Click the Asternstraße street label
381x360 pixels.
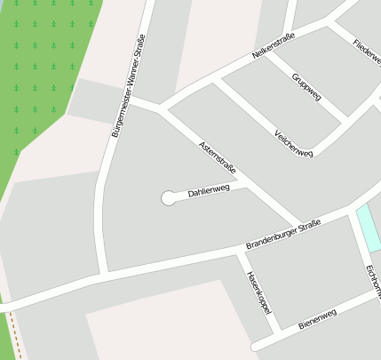pos(218,156)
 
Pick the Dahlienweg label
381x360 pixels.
pos(209,189)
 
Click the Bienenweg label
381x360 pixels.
pos(317,318)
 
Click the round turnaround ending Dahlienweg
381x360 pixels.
pos(168,198)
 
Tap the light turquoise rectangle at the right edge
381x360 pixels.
pos(367,228)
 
